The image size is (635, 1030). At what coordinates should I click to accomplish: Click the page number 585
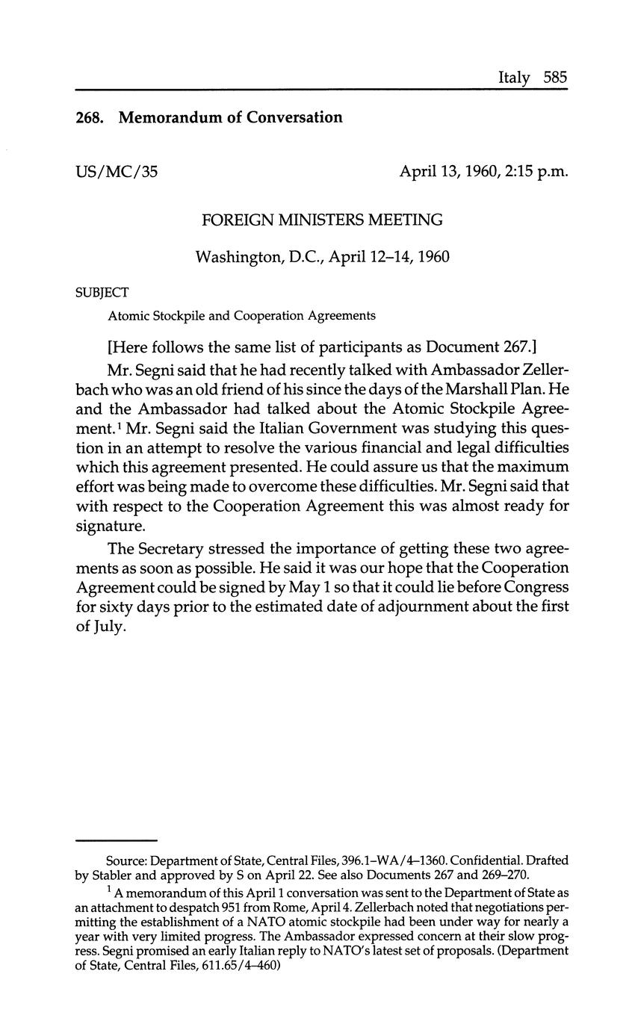pos(556,78)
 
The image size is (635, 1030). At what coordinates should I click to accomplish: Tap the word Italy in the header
pos(514,78)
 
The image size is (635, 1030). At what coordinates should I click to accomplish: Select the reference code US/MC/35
pos(117,172)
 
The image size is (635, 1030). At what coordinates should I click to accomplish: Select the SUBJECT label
pos(102,293)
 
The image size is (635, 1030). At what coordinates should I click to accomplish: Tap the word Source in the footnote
pos(126,861)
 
